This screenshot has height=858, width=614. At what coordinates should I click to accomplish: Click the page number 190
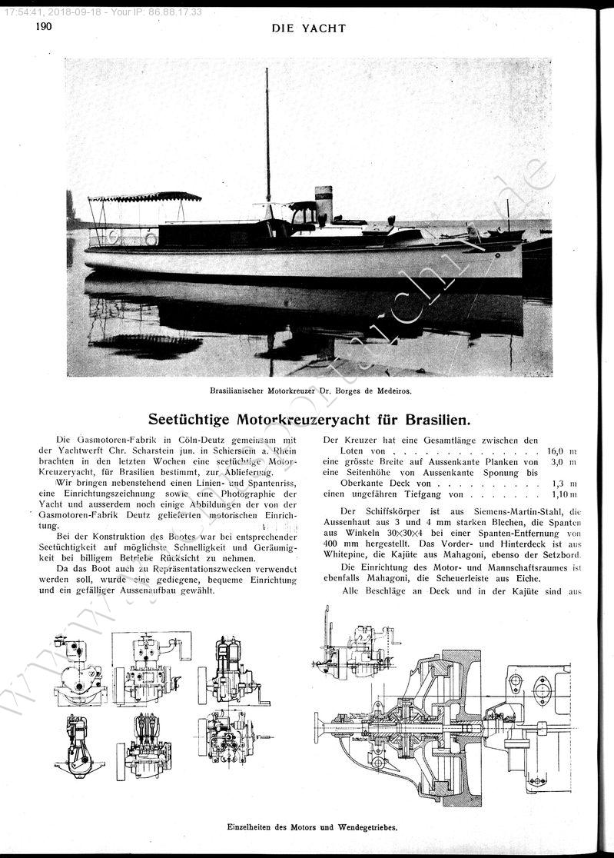tap(42, 27)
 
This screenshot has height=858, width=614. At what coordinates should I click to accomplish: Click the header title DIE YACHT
tap(309, 28)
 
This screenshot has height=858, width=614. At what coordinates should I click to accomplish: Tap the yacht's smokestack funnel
tap(324, 203)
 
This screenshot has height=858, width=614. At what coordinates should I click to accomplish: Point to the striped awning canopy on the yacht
tap(144, 197)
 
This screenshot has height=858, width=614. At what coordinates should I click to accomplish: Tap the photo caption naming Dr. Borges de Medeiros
tap(310, 390)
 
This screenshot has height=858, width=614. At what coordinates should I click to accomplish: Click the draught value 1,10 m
tap(563, 494)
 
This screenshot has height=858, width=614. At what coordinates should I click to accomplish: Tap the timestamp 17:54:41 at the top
tap(22, 12)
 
